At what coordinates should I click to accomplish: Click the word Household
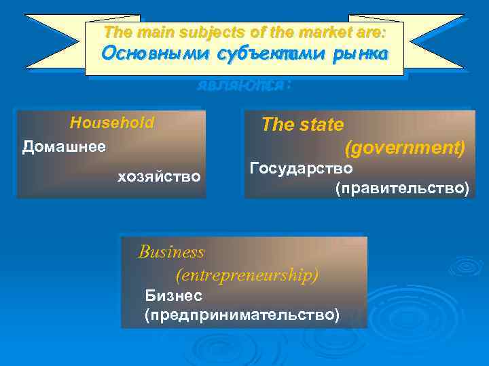point(112,123)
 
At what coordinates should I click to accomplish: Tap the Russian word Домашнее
point(64,146)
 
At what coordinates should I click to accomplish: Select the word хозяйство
point(159,177)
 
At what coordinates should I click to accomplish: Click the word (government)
point(405,147)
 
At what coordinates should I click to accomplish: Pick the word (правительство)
point(401,188)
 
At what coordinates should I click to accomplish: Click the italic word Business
point(171,252)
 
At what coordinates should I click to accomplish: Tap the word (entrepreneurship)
point(247,274)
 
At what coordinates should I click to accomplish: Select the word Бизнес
point(173,296)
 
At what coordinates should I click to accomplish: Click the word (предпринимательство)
point(242,314)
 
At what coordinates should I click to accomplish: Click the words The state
point(302,125)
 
